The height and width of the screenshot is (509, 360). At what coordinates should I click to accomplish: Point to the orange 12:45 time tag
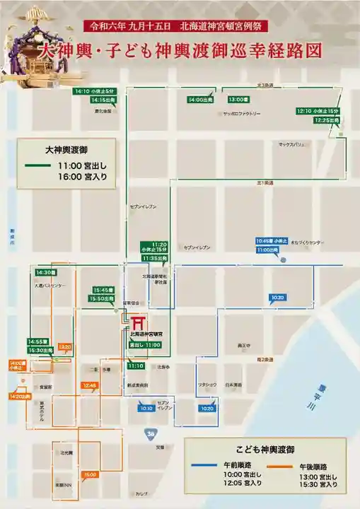click(90, 385)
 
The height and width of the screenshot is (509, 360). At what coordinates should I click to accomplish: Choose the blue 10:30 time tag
click(277, 298)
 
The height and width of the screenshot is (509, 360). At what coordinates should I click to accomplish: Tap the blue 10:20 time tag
click(207, 409)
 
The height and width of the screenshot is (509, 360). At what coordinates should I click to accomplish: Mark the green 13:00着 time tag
click(238, 100)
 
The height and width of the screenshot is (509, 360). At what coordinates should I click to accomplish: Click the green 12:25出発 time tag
click(310, 120)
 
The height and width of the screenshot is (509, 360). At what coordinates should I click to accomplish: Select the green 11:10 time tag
click(137, 366)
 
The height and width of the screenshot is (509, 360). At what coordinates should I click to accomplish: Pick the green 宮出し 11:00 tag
click(145, 344)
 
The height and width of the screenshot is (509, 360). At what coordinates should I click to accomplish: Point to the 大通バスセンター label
click(50, 286)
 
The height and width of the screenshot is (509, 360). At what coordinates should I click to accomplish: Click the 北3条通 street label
click(265, 86)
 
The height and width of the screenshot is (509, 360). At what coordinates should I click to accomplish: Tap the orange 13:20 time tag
click(65, 347)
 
